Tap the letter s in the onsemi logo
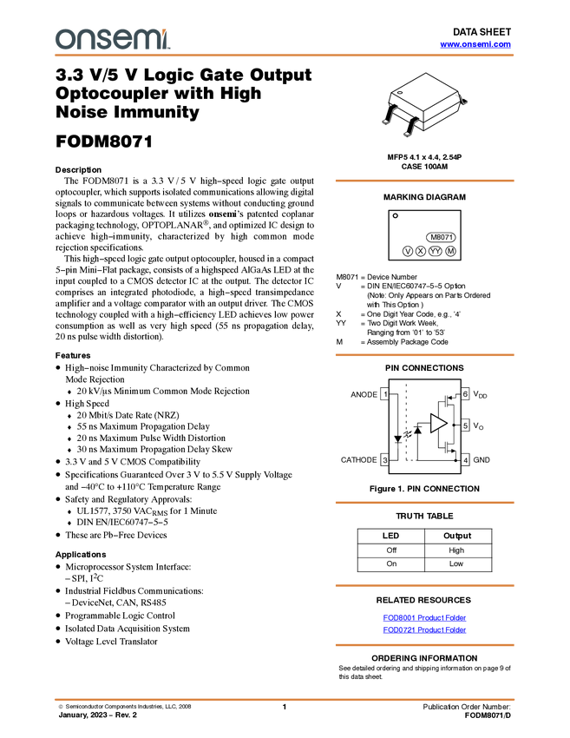103,40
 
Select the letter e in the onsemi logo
122,40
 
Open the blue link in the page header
475,44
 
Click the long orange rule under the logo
285,56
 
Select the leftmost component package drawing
389,114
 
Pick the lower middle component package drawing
409,128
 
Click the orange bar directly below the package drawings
424,181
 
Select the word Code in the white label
439,342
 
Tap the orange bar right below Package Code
424,355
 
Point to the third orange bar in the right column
424,503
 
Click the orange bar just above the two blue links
424,586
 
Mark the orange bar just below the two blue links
424,645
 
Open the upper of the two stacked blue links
424,617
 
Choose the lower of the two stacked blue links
424,629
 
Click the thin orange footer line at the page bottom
285,699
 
